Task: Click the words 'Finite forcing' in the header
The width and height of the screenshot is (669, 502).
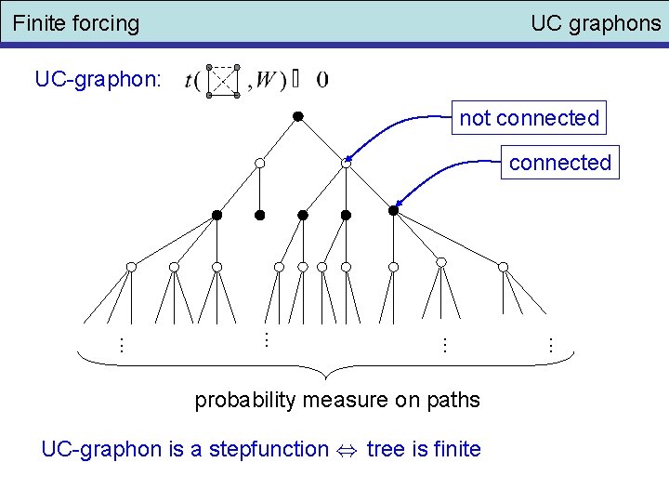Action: point(76,23)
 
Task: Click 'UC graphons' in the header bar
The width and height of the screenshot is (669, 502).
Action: point(595,23)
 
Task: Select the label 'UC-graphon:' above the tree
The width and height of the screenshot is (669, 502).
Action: point(98,79)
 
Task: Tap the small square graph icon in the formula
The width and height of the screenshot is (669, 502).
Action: point(223,80)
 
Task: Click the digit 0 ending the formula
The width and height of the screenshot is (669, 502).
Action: point(321,80)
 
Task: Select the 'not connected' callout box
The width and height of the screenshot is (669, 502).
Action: point(529,118)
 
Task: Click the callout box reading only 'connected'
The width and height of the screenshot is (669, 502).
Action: point(559,163)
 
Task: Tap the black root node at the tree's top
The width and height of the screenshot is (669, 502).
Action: point(298,116)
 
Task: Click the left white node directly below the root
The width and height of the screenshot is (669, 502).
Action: point(260,164)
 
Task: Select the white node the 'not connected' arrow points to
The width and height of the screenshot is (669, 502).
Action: point(346,164)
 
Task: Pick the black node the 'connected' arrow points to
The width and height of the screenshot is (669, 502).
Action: point(393,211)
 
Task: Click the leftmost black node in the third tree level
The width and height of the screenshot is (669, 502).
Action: point(216,215)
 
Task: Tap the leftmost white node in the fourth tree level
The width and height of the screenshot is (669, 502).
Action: point(131,267)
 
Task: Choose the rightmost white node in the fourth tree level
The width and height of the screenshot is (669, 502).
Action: point(503,267)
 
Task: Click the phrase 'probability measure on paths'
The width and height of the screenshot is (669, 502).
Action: point(337,401)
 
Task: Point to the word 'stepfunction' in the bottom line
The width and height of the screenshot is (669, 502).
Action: point(269,450)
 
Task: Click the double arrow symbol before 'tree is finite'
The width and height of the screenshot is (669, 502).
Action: point(348,451)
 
